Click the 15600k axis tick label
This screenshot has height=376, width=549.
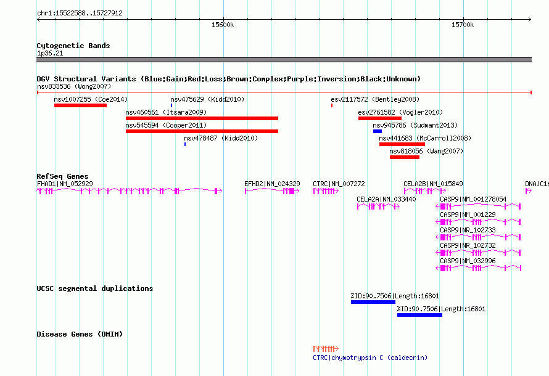223,25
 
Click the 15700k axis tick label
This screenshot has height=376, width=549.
463,25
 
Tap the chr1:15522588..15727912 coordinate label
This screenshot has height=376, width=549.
80,13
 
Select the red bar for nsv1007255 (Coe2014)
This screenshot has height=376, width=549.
81,105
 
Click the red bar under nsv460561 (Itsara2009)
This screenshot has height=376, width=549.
202,118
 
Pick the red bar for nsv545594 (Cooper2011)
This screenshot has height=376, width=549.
202,131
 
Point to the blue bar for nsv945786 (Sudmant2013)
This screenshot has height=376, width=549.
378,131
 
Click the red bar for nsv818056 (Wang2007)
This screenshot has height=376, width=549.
405,157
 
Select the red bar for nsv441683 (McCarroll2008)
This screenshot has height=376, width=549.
402,144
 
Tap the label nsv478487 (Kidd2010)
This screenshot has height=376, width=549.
221,138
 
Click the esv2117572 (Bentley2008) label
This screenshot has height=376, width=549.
375,99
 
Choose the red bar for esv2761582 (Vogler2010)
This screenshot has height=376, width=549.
380,118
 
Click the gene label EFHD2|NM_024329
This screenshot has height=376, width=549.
272,184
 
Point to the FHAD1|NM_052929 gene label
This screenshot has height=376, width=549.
65,184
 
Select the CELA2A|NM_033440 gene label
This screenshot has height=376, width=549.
386,199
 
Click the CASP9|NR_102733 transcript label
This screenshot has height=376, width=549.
468,230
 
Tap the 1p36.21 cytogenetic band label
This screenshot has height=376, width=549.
50,53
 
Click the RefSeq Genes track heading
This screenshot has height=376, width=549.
62,176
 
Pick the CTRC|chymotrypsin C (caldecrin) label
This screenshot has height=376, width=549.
370,358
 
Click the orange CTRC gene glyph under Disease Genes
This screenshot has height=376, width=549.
326,349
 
